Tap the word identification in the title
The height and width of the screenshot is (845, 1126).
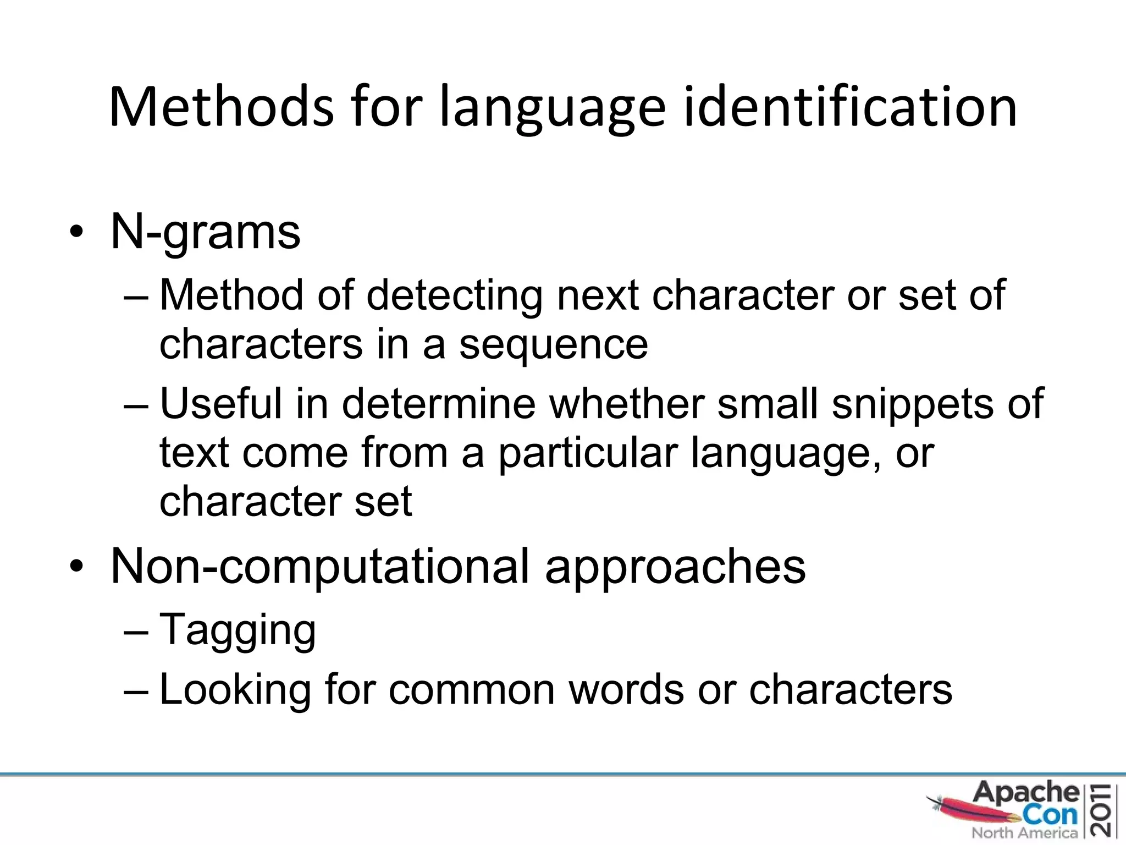(849, 107)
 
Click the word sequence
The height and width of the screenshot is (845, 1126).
(553, 345)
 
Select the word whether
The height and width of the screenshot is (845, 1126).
(626, 403)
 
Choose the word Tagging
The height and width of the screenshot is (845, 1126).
(238, 630)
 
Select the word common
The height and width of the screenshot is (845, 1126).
(472, 690)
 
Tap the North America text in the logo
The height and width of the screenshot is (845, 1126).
(1024, 833)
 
